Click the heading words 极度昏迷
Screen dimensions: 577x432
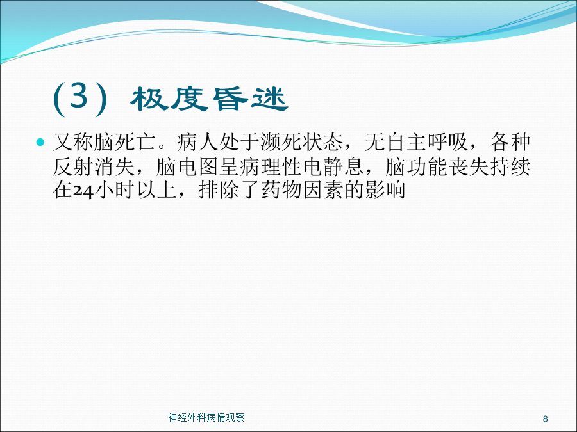pyautogui.click(x=210, y=99)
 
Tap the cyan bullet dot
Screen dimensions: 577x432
pyautogui.click(x=40, y=142)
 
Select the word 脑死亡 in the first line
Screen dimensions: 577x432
pyautogui.click(x=126, y=142)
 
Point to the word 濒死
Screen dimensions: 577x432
pyautogui.click(x=282, y=142)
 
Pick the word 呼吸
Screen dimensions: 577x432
pyautogui.click(x=448, y=142)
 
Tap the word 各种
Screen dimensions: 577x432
pyautogui.click(x=510, y=142)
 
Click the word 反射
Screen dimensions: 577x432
pyautogui.click(x=73, y=167)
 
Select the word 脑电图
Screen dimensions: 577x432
pyautogui.click(x=188, y=167)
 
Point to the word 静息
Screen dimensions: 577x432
pyautogui.click(x=344, y=167)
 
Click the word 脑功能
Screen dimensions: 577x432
pyautogui.click(x=417, y=167)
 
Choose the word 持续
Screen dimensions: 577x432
pyautogui.click(x=510, y=167)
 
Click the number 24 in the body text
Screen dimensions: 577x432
pyautogui.click(x=83, y=191)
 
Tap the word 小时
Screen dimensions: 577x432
pyautogui.click(x=115, y=190)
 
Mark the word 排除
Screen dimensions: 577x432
pyautogui.click(x=219, y=190)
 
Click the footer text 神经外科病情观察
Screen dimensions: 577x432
pyautogui.click(x=206, y=418)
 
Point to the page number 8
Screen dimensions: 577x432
pyautogui.click(x=546, y=419)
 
